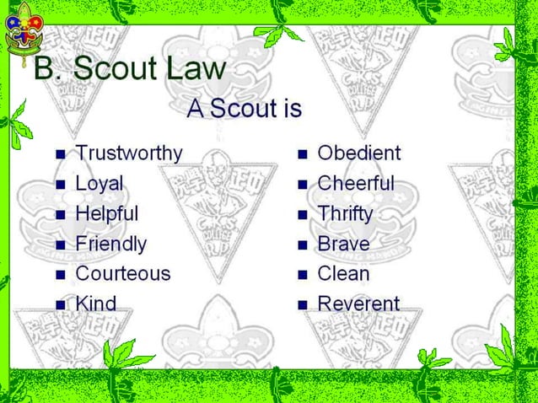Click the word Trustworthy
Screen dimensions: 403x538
click(x=128, y=153)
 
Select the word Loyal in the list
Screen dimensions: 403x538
click(x=99, y=184)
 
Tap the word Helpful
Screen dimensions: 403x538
click(x=106, y=213)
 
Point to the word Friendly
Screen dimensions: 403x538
click(x=110, y=244)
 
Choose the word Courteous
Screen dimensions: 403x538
click(x=122, y=274)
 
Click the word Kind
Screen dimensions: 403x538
click(x=95, y=303)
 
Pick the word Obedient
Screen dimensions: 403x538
click(x=358, y=153)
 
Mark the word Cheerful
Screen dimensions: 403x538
click(x=355, y=184)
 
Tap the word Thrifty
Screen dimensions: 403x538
click(x=344, y=214)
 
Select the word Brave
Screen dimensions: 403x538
click(x=342, y=244)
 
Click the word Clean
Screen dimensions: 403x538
click(x=342, y=274)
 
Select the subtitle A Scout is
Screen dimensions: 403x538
click(x=245, y=109)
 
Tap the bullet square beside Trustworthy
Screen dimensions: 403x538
click(x=60, y=155)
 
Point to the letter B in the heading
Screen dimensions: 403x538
click(x=46, y=68)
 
